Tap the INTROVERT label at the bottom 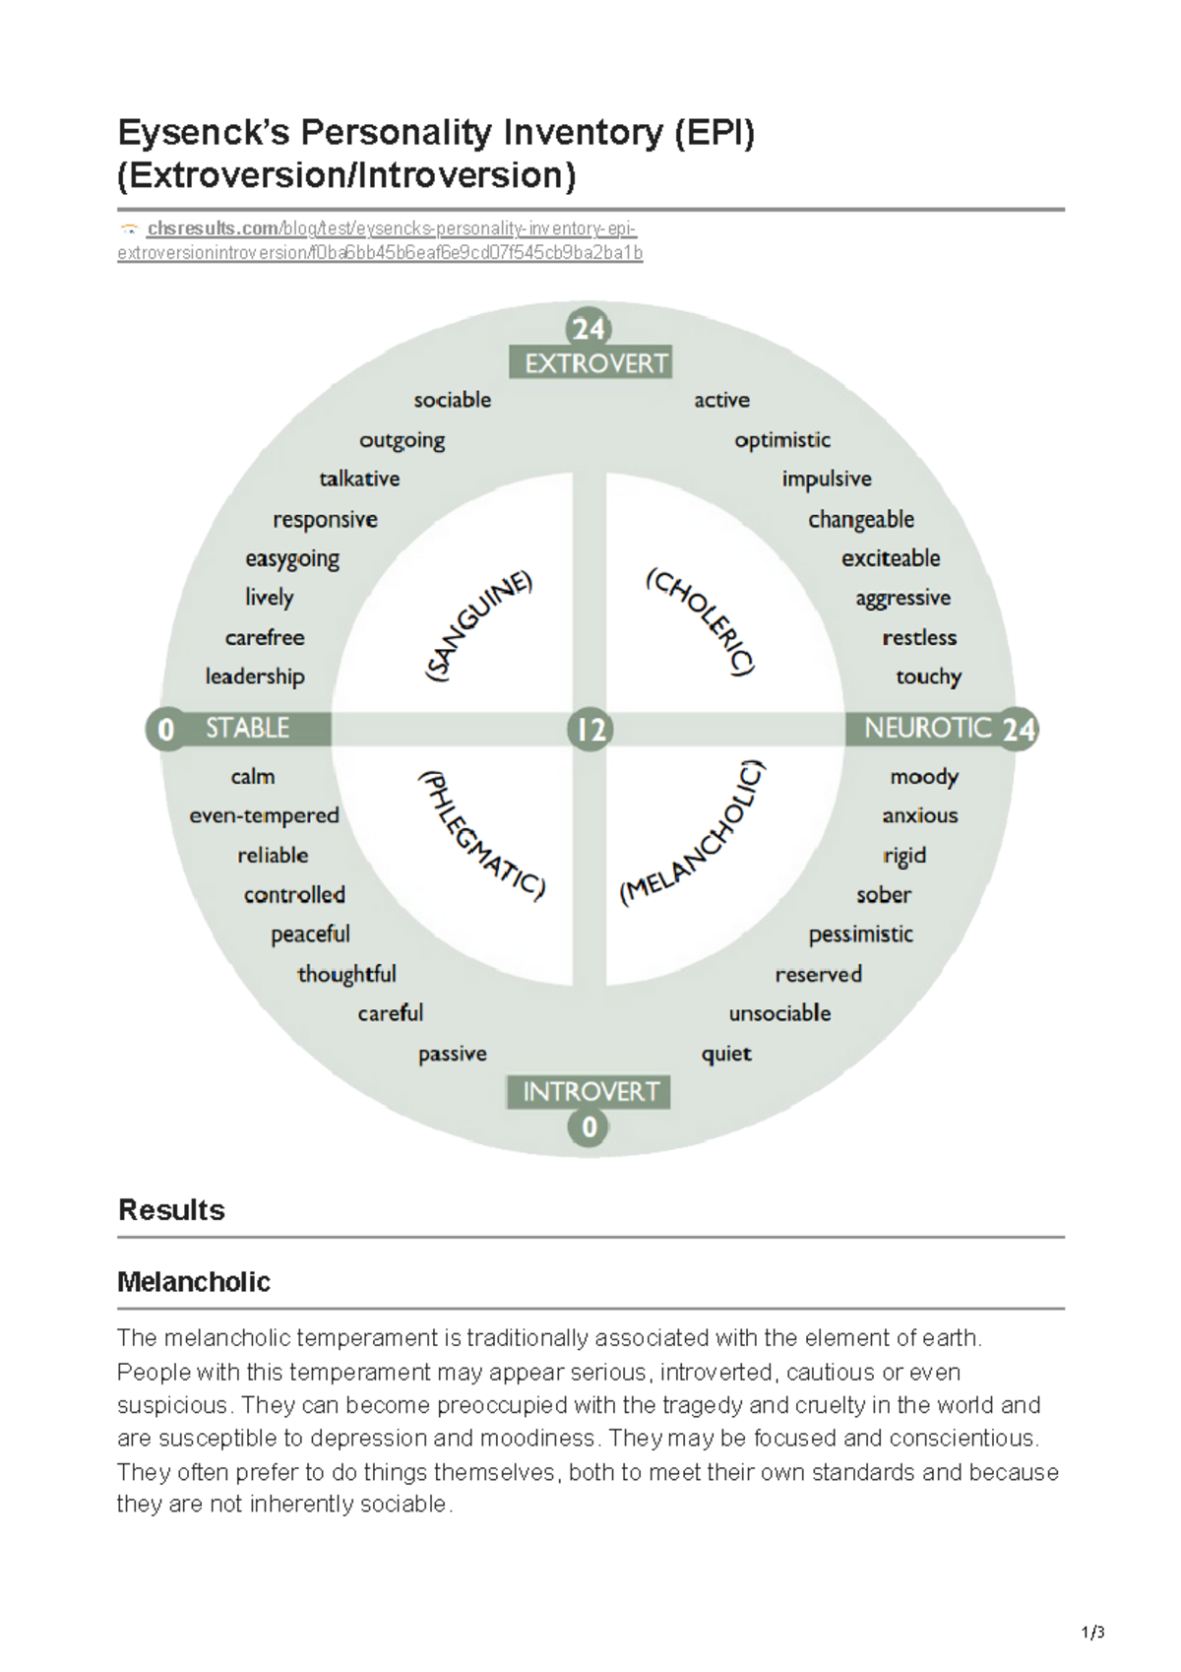coord(589,1092)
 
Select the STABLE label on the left coord(247,729)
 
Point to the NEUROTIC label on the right coord(926,729)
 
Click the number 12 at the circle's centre coord(590,730)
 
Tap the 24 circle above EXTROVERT coord(589,328)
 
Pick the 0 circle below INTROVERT coord(589,1126)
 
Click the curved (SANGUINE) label coord(478,626)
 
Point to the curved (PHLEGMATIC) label coord(480,835)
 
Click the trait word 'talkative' coord(359,480)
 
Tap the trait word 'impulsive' coord(827,480)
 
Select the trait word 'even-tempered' coord(264,816)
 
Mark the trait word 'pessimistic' coord(860,934)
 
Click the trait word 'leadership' coord(255,677)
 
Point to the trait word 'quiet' coord(726,1055)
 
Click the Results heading coord(171,1210)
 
